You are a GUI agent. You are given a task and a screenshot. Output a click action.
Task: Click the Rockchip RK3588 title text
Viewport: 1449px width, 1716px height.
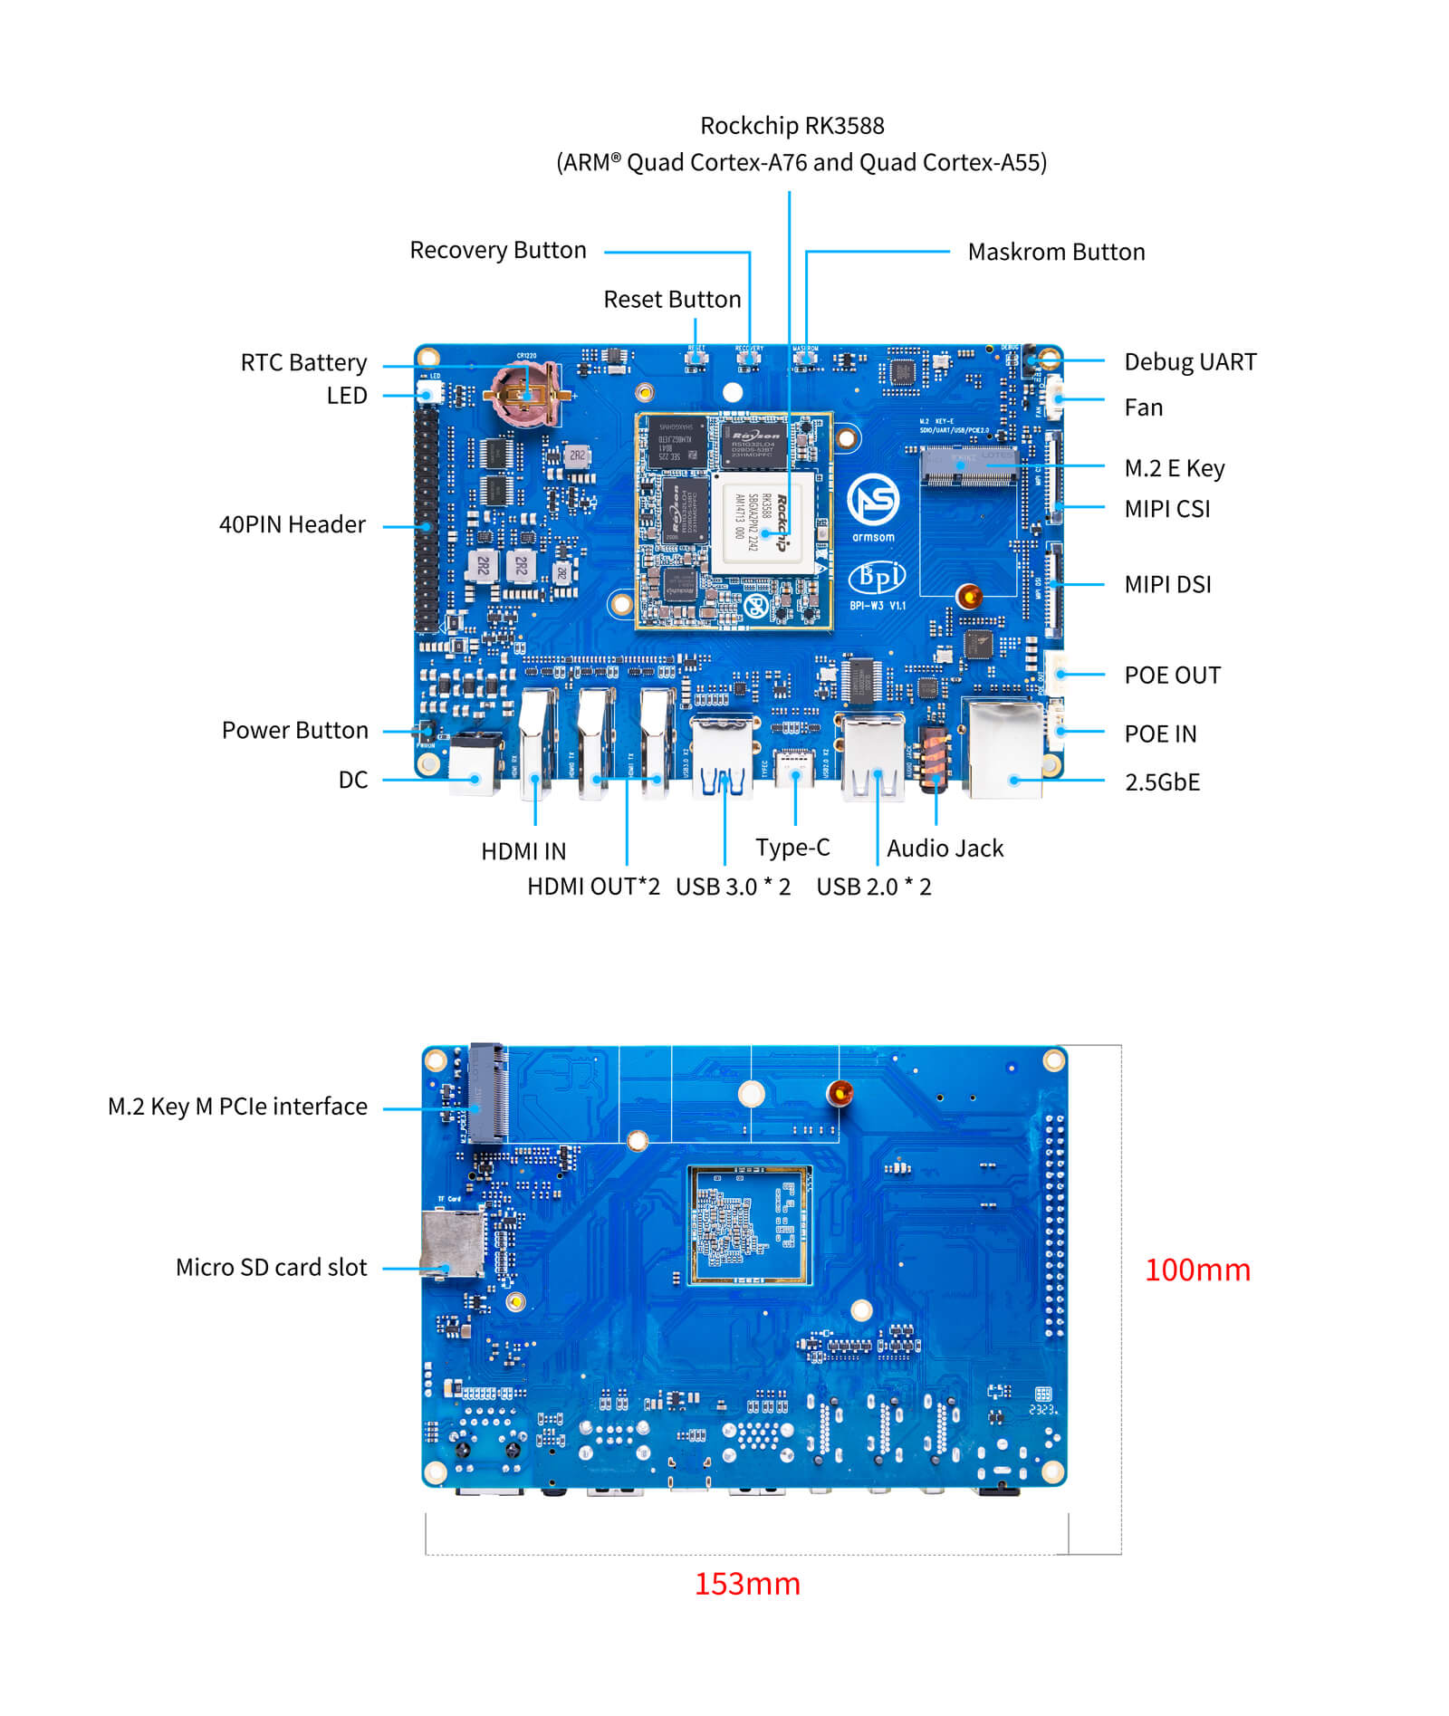pyautogui.click(x=792, y=125)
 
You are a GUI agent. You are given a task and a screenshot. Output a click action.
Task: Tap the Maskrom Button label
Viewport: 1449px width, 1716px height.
pyautogui.click(x=1055, y=252)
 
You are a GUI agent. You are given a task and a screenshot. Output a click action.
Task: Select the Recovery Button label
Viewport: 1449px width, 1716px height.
pyautogui.click(x=497, y=250)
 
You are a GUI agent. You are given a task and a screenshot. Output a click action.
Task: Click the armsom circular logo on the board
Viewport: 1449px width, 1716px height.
pyautogui.click(x=872, y=501)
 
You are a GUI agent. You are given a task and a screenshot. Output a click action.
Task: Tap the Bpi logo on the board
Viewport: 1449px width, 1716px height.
pyautogui.click(x=876, y=577)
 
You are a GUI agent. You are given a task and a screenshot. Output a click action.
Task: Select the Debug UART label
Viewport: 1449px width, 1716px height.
pyautogui.click(x=1189, y=362)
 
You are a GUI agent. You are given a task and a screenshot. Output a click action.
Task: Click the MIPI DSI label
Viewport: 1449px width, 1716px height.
pyautogui.click(x=1166, y=585)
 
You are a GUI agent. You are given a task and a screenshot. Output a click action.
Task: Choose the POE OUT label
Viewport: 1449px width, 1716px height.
pyautogui.click(x=1171, y=676)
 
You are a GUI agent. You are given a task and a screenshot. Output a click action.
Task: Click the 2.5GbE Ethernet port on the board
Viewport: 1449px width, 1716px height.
pyautogui.click(x=1005, y=750)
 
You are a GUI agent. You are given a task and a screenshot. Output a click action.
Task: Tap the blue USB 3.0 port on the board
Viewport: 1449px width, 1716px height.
pyautogui.click(x=723, y=757)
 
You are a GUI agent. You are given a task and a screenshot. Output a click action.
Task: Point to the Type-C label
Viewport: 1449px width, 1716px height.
pyautogui.click(x=792, y=848)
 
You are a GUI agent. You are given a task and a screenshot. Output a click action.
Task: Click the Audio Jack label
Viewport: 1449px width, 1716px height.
pyautogui.click(x=945, y=848)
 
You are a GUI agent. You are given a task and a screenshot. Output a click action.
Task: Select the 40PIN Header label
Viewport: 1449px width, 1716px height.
pyautogui.click(x=292, y=525)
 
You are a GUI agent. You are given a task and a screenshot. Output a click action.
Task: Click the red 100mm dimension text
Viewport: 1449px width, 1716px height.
pyautogui.click(x=1196, y=1270)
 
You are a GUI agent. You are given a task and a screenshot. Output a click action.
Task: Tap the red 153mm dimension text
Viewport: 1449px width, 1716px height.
pyautogui.click(x=747, y=1584)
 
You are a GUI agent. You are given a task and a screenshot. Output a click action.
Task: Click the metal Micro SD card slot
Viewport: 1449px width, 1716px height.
pyautogui.click(x=453, y=1244)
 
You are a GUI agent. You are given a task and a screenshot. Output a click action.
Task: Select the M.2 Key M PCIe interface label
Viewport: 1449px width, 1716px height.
pyautogui.click(x=237, y=1107)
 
